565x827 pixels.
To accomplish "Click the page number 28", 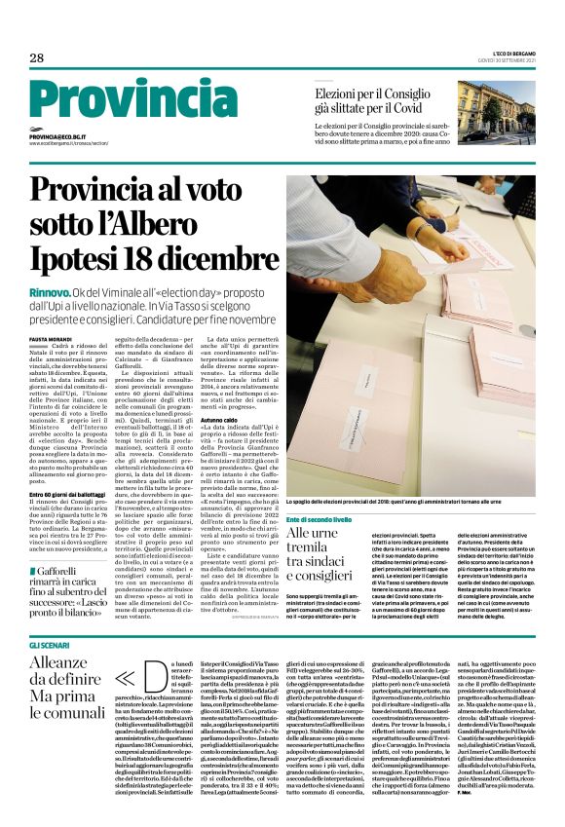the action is [x=37, y=57].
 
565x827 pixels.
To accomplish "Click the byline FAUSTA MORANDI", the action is [x=50, y=338].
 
